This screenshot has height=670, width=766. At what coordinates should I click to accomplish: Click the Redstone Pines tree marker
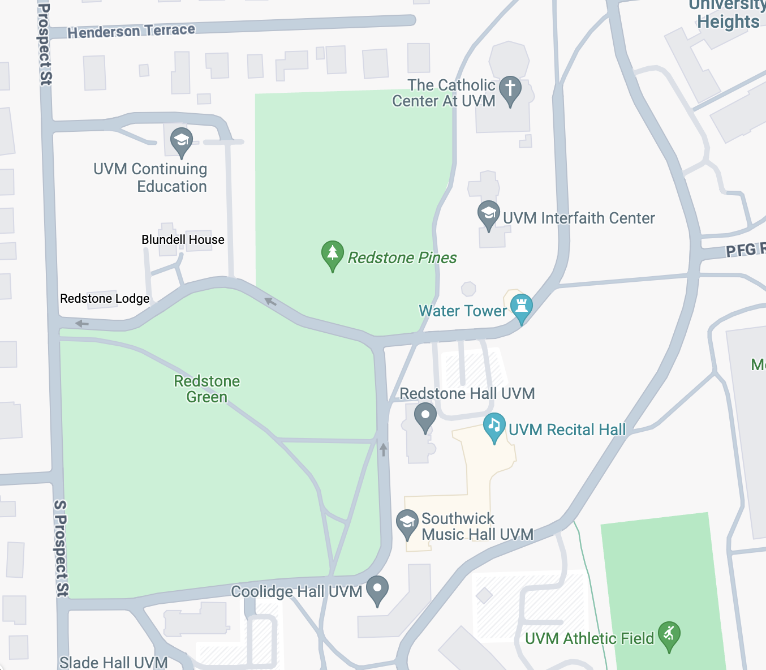(x=333, y=254)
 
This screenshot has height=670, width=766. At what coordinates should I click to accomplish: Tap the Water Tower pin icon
(x=521, y=307)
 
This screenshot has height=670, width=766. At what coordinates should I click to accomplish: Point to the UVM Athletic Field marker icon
(x=669, y=635)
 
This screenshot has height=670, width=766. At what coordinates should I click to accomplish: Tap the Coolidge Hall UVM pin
(x=377, y=589)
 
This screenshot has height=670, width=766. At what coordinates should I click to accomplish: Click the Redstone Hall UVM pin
(x=425, y=416)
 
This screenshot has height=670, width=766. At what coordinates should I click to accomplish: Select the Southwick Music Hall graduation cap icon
(x=407, y=523)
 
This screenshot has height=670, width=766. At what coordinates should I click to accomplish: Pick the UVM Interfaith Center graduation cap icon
(x=488, y=214)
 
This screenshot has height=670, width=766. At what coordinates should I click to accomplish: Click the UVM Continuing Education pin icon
(x=182, y=141)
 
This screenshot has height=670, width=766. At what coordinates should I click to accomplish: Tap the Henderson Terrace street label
(x=131, y=31)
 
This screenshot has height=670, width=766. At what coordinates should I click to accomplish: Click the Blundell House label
(x=183, y=240)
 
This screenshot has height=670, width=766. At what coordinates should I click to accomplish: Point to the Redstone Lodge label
(x=105, y=299)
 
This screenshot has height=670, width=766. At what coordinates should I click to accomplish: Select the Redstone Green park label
(x=206, y=389)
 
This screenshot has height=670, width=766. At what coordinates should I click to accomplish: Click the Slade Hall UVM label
(x=113, y=662)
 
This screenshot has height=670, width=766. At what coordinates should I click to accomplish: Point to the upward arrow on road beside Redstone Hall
(x=384, y=449)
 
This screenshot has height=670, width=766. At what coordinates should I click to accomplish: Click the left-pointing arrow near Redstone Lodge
(x=82, y=324)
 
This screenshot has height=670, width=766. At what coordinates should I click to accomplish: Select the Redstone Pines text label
(x=402, y=258)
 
